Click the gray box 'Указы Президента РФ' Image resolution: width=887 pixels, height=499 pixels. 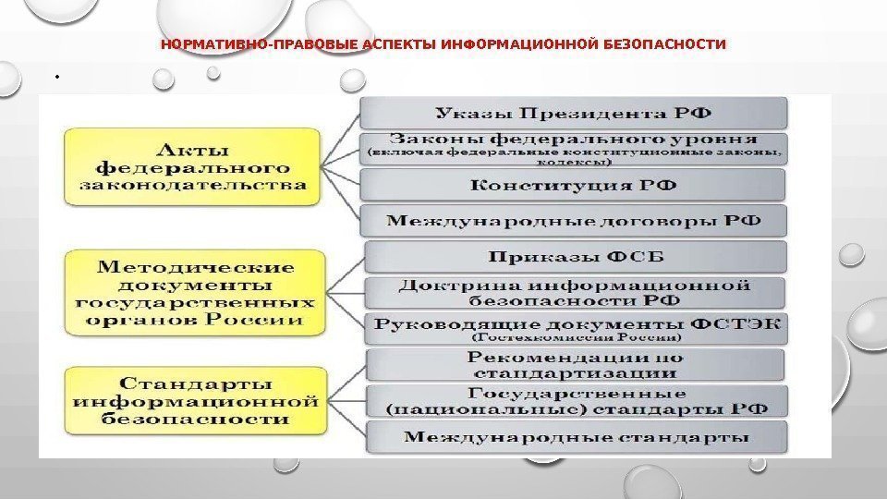(573, 114)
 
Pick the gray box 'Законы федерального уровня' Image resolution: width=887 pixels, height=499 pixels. (573, 148)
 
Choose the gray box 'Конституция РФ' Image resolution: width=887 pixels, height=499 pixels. (573, 185)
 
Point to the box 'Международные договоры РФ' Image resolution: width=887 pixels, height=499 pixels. (573, 221)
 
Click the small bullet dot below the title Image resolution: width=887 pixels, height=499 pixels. (56, 78)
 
